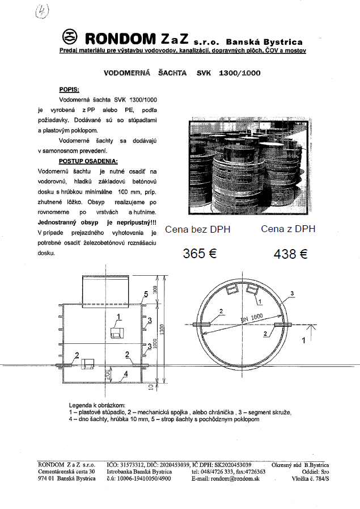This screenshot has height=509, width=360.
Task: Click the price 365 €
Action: [x=200, y=254]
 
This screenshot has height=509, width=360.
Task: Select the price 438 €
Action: [x=290, y=254]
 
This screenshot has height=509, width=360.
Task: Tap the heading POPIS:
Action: [x=69, y=90]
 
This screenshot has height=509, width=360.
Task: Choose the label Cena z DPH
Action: [x=287, y=229]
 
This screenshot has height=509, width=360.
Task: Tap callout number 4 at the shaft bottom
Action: [x=126, y=375]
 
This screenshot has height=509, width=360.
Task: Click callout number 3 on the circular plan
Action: [x=291, y=293]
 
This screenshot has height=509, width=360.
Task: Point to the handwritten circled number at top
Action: [x=41, y=11]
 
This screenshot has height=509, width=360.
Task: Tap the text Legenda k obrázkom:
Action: [x=94, y=405]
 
